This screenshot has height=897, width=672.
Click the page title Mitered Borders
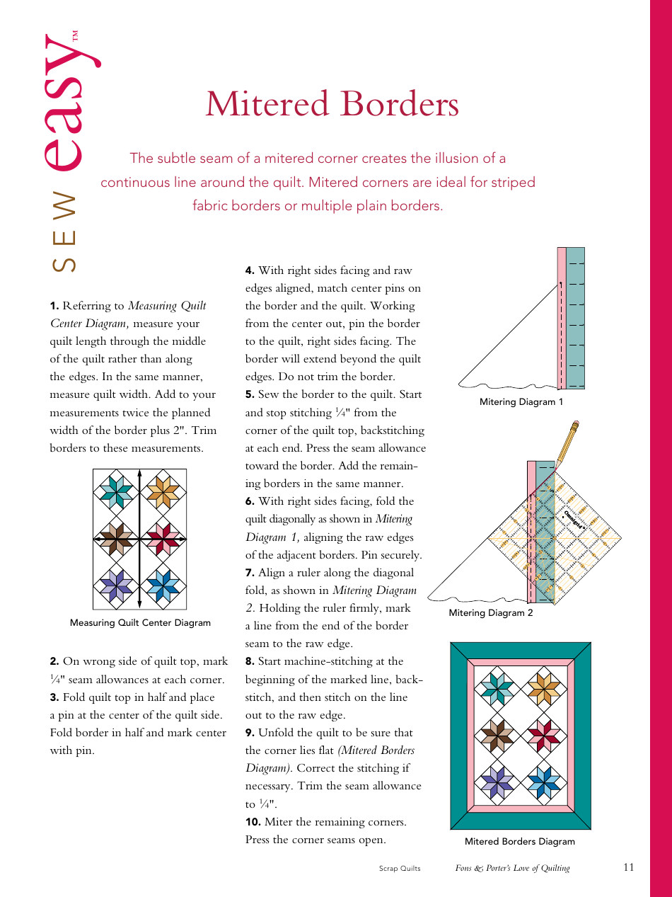coord(332,105)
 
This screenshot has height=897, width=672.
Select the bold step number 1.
coord(54,306)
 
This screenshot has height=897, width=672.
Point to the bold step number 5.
coord(250,395)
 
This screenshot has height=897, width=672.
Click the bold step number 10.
coord(253,822)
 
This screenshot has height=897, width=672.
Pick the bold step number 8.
coord(250,661)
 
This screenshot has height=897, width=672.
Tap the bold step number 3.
coord(54,697)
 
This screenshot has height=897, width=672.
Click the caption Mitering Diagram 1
coord(521,402)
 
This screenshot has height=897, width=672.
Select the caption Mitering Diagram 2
coord(491,613)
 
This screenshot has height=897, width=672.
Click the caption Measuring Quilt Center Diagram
coord(140,623)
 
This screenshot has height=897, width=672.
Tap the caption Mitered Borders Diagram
coord(519,842)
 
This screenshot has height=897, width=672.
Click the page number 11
coord(629,867)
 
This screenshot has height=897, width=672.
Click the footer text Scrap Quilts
coord(400,869)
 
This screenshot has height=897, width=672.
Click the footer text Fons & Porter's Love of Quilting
coord(512,868)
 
